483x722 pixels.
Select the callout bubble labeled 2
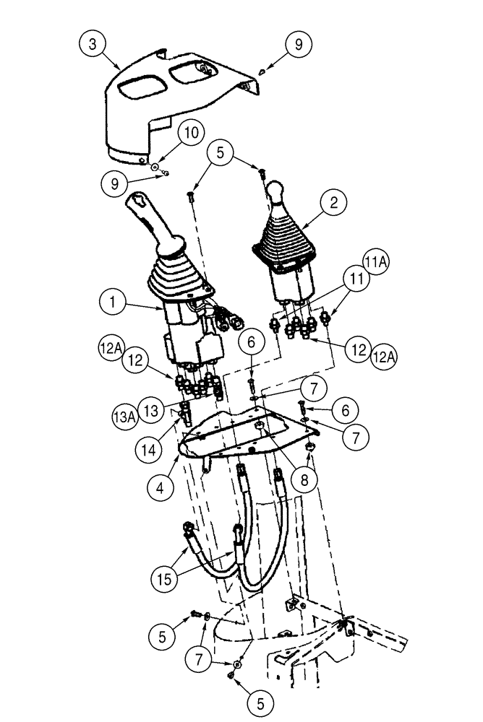334,204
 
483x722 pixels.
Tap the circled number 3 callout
92,44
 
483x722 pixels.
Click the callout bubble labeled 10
191,134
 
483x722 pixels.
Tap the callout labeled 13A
124,417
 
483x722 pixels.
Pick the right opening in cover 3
189,74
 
